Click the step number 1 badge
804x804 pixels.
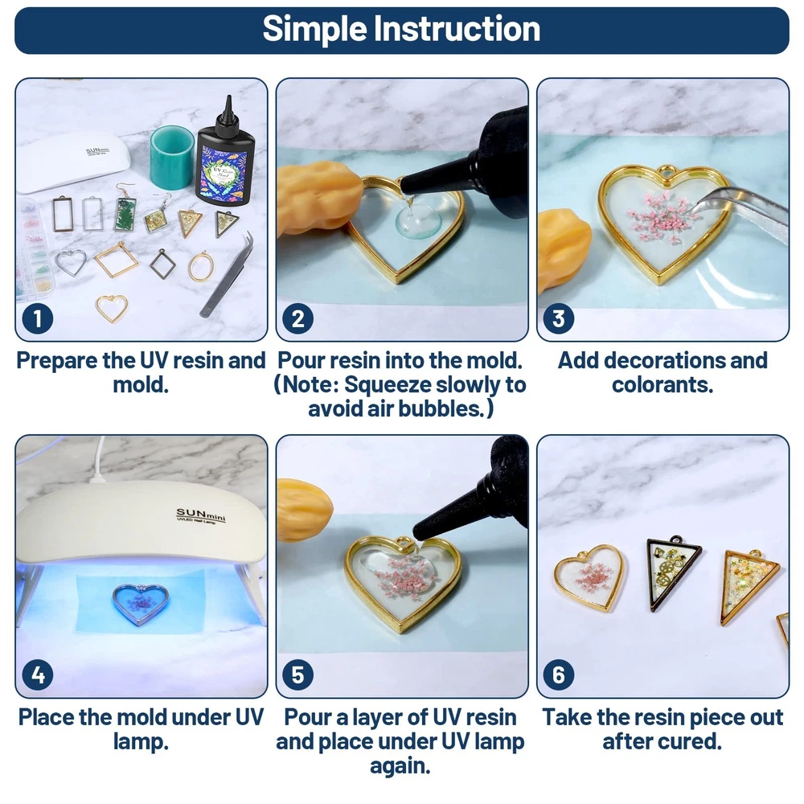tap(38, 318)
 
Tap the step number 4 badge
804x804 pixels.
tap(38, 675)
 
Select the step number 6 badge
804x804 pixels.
tap(559, 675)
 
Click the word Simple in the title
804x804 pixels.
tap(314, 29)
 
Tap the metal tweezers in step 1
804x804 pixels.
tap(228, 274)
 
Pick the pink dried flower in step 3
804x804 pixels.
tap(660, 216)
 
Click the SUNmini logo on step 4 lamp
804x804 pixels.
tap(201, 515)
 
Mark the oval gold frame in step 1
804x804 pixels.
tap(200, 267)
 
